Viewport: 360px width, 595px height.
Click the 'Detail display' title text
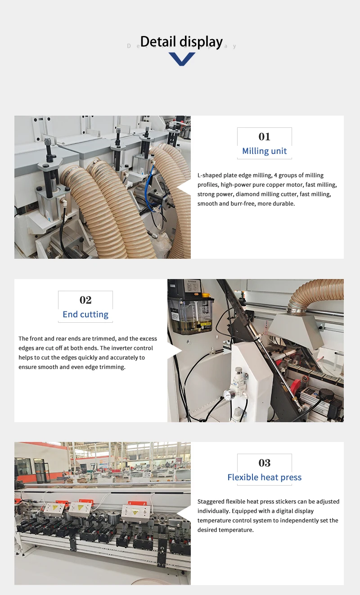pyautogui.click(x=181, y=41)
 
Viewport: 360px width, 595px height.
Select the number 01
pyautogui.click(x=264, y=136)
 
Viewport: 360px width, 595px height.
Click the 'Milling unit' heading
pyautogui.click(x=264, y=151)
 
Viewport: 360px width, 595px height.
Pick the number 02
pyautogui.click(x=85, y=300)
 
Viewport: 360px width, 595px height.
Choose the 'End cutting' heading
pyautogui.click(x=85, y=314)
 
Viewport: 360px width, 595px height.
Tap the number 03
pyautogui.click(x=264, y=463)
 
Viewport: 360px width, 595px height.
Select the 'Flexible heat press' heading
pyautogui.click(x=264, y=477)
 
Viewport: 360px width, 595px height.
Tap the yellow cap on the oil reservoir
pyautogui.click(x=206, y=295)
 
